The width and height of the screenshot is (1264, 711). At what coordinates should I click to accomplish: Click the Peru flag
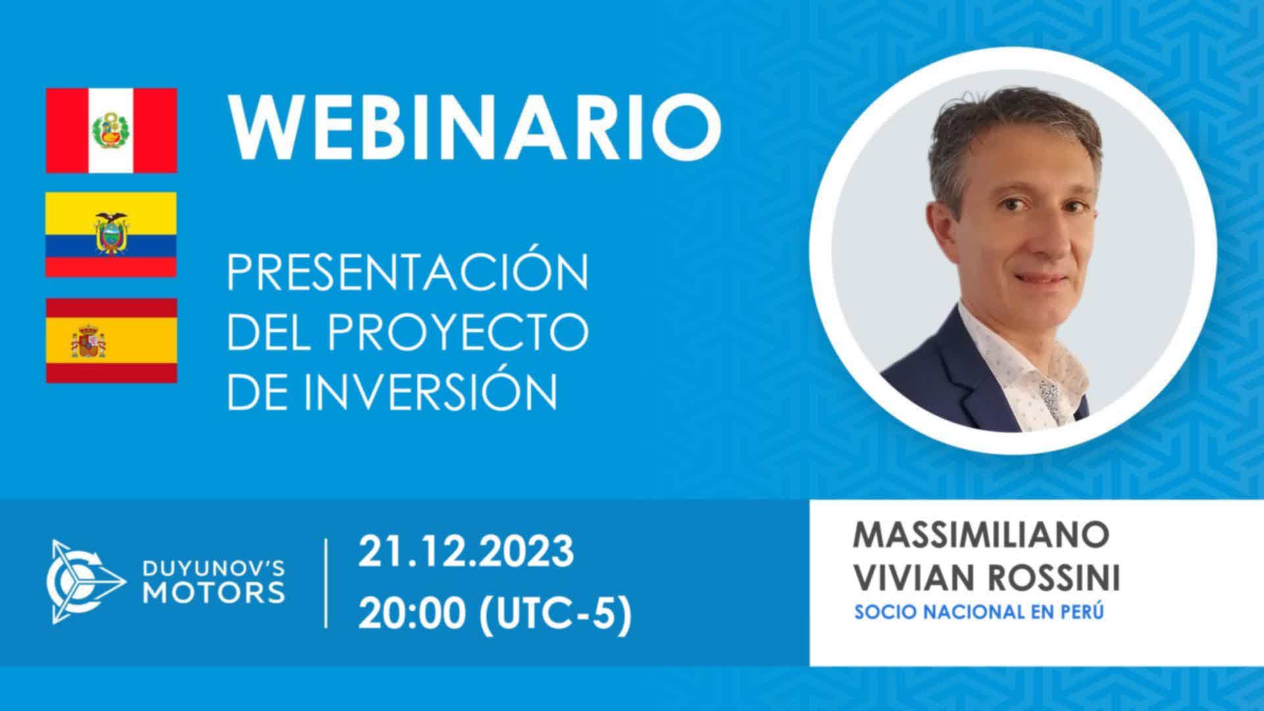(x=111, y=130)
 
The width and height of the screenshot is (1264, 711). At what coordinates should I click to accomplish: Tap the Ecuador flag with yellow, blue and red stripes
(x=111, y=234)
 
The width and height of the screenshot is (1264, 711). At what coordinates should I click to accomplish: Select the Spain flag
(x=111, y=340)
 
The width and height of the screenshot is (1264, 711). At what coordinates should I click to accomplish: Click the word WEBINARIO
(x=474, y=130)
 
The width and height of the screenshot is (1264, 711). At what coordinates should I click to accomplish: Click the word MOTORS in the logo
(x=215, y=592)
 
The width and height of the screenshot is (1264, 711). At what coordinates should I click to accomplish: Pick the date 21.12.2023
(x=466, y=552)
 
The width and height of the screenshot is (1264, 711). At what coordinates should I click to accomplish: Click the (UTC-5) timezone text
(x=555, y=616)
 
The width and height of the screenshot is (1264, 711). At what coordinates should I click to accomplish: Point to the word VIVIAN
(x=912, y=579)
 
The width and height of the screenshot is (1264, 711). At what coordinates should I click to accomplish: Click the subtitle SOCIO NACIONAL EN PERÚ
(x=978, y=612)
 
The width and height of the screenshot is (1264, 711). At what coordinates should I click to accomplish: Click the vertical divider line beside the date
(x=327, y=583)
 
